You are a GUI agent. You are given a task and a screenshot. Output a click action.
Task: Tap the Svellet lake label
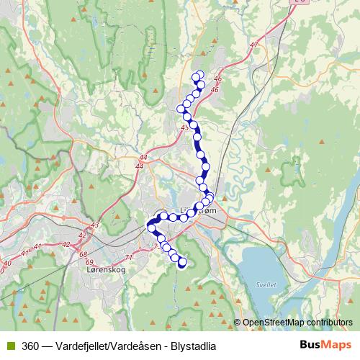tap(266, 284)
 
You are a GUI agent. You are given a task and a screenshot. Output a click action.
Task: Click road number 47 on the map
tap(253, 45)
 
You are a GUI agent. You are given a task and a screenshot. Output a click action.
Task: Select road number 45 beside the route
tap(185, 127)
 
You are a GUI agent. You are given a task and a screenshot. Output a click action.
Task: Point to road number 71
tap(130, 257)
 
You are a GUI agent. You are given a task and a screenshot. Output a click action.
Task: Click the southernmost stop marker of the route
tap(181, 263)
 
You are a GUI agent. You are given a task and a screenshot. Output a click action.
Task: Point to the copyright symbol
tap(238, 323)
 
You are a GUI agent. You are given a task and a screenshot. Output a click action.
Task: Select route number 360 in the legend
tap(31, 346)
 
